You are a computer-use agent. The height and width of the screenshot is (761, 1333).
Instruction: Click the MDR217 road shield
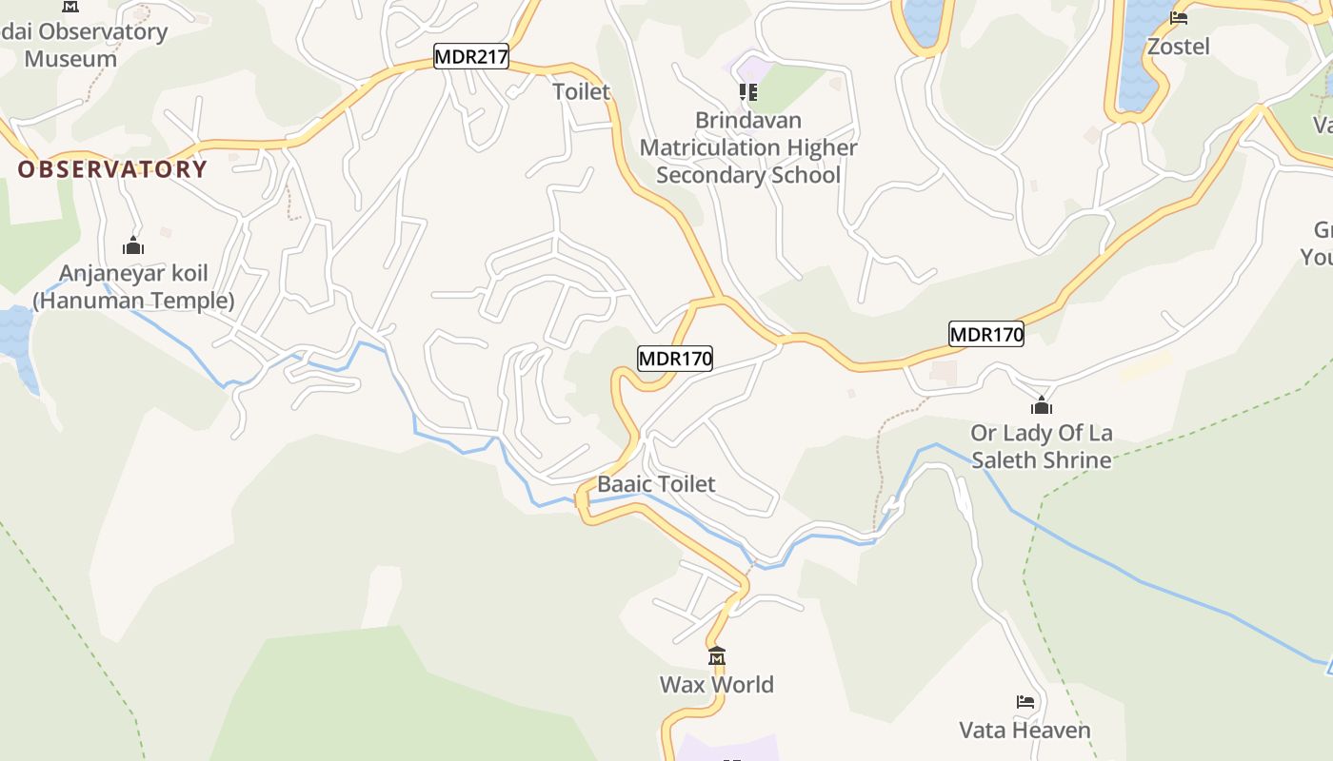pos(471,57)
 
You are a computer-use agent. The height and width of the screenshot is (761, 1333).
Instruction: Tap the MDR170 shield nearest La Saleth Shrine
pos(985,334)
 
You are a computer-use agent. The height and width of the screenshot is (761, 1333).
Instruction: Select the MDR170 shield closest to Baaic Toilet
pos(674,359)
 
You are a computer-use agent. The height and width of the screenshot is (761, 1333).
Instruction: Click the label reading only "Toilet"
pos(581,91)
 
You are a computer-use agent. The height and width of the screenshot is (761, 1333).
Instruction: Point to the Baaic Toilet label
pos(656,483)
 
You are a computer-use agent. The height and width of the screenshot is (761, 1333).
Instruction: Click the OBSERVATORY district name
pos(112,169)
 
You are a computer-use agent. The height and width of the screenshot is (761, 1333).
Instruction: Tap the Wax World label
pos(716,684)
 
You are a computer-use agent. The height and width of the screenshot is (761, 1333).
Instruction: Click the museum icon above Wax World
pos(717,656)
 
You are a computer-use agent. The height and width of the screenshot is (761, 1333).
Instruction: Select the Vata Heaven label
pos(1025,730)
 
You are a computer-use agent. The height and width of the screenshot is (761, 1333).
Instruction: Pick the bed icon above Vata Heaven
pos(1025,703)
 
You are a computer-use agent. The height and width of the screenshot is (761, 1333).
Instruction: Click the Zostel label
pos(1178,46)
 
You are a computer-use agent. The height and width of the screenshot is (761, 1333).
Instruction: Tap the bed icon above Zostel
pos(1179,18)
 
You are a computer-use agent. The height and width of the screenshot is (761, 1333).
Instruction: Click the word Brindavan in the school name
pos(748,121)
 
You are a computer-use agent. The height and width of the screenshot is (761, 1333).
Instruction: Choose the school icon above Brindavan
pos(748,92)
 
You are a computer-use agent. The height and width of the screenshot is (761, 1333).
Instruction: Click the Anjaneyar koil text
pos(133,274)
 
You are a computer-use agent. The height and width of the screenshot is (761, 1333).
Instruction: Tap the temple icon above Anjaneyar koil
pos(133,246)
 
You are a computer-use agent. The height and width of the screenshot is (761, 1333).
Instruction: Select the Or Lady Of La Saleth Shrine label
pos(1042,446)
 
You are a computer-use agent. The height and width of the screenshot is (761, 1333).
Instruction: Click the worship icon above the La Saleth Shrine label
pos(1042,406)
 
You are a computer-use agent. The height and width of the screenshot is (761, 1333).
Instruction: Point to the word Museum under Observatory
pos(70,58)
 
